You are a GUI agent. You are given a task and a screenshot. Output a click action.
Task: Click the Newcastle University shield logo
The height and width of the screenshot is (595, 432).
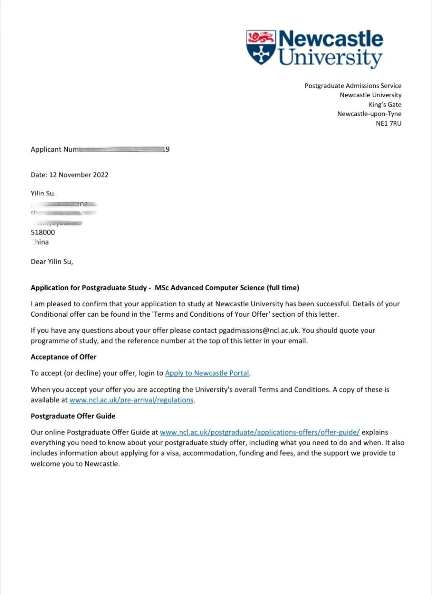[x=261, y=47]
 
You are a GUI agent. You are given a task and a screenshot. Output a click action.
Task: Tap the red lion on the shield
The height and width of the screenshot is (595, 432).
[x=261, y=38]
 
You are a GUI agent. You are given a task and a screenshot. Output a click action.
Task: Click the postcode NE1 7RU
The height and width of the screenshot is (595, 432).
[x=388, y=123]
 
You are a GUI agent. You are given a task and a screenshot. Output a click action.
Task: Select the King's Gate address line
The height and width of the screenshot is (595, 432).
[x=385, y=105]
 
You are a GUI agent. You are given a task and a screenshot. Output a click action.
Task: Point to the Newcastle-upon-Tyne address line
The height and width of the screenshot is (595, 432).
[x=369, y=114]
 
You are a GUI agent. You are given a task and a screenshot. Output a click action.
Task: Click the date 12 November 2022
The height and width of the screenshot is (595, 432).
[x=78, y=175]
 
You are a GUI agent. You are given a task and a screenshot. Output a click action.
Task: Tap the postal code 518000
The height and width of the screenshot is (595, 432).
[x=43, y=232]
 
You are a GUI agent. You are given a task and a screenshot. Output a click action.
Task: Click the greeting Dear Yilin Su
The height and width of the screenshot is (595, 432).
[x=52, y=261]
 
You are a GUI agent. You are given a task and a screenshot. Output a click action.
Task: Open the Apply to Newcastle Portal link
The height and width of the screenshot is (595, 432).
[x=207, y=373]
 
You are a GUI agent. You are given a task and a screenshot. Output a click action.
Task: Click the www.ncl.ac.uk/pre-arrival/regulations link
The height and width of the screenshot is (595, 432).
[x=131, y=400]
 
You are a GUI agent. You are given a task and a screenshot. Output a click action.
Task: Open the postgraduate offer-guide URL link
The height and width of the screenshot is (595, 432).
[x=260, y=432]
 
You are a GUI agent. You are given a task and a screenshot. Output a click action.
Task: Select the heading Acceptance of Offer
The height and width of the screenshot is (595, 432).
[x=64, y=357]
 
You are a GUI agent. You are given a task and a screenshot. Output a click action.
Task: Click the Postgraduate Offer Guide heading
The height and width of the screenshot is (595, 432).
[x=73, y=416]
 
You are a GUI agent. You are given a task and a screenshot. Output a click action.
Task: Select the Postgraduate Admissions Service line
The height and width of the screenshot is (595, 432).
[x=353, y=86]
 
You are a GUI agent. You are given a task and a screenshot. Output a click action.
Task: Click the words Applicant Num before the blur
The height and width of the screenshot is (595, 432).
[x=55, y=149]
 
